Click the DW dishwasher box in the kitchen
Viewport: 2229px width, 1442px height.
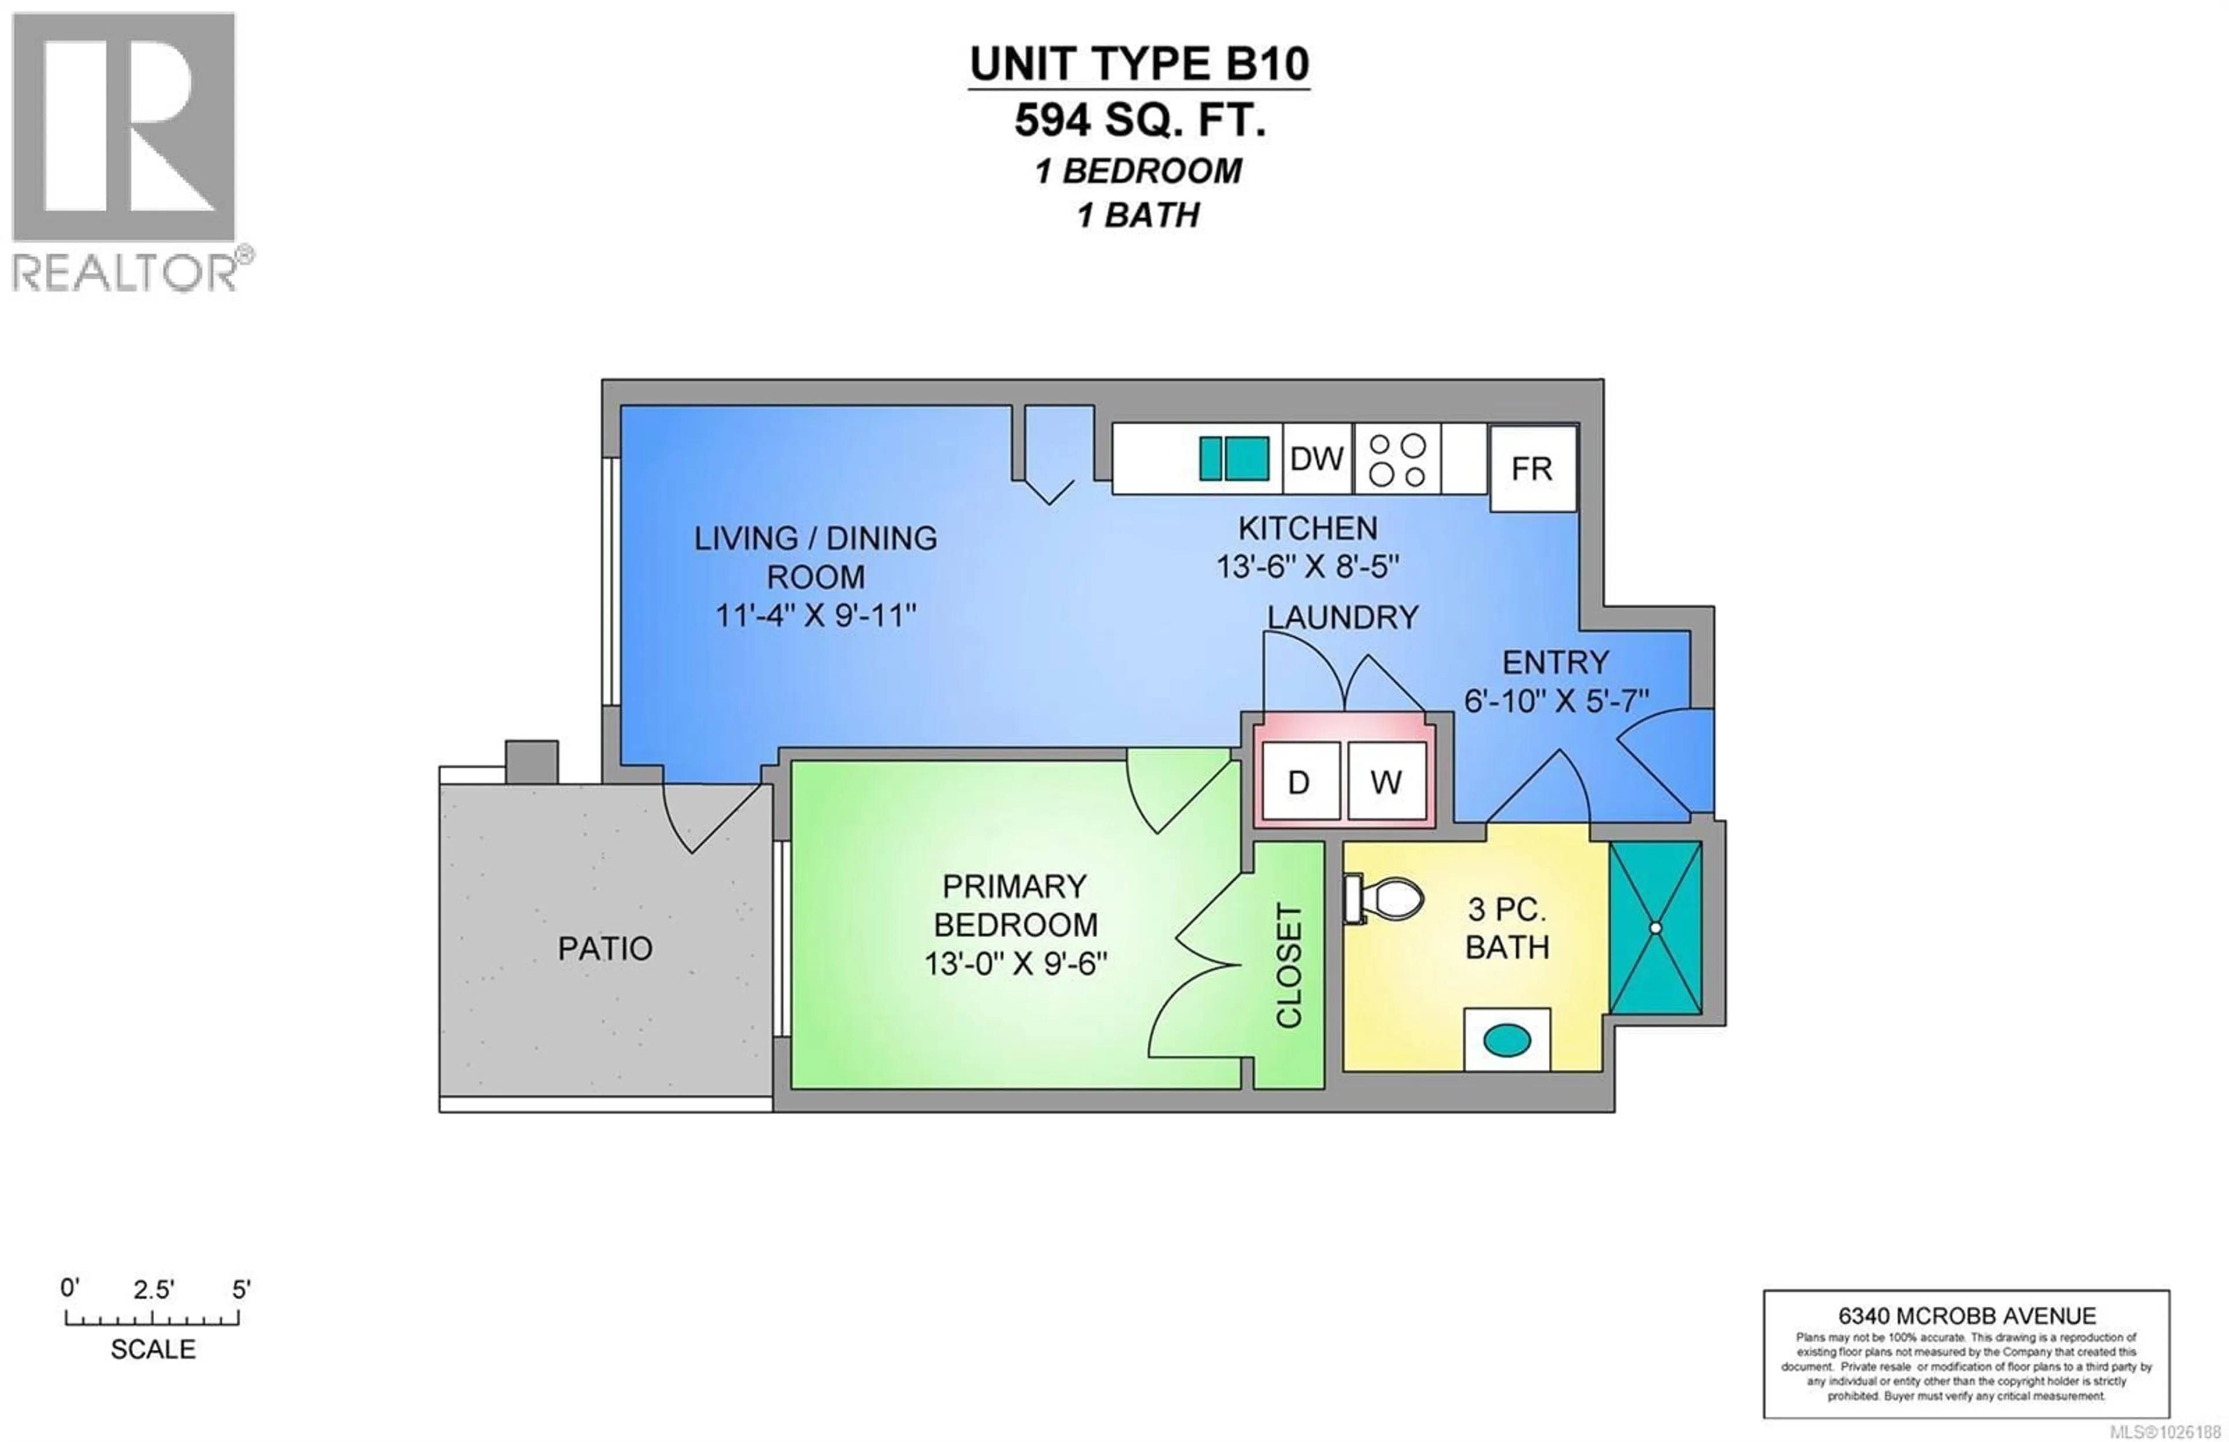pyautogui.click(x=1317, y=459)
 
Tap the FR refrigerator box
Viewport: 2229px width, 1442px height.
pyautogui.click(x=1531, y=468)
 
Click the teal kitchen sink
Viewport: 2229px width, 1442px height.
pyautogui.click(x=1234, y=459)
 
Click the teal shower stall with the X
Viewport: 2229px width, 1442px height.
pyautogui.click(x=1655, y=927)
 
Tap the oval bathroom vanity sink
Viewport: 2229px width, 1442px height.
pyautogui.click(x=1507, y=1039)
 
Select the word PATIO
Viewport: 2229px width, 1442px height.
pyautogui.click(x=605, y=949)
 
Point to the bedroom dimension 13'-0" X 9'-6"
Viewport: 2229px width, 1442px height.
pyautogui.click(x=1016, y=964)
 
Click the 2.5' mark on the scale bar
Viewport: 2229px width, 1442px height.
pyautogui.click(x=153, y=1290)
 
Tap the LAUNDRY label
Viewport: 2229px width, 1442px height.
pyautogui.click(x=1343, y=617)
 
